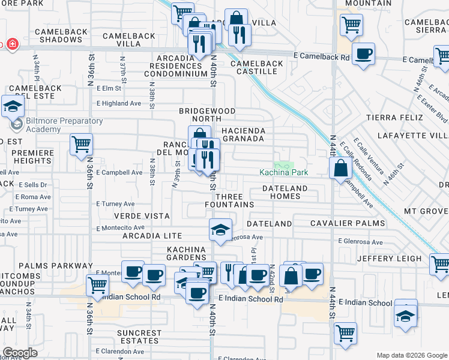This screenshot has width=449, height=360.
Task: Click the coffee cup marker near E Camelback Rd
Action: tap(363, 54)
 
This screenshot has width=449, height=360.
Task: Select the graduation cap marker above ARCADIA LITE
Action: tap(220, 229)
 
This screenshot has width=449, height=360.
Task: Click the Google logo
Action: tap(20, 353)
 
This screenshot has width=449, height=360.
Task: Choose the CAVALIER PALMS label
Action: tap(348, 223)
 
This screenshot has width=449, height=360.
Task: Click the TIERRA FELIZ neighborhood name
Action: tap(391, 117)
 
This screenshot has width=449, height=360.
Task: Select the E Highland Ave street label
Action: tap(118, 103)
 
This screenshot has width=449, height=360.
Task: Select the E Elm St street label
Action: tap(109, 89)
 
